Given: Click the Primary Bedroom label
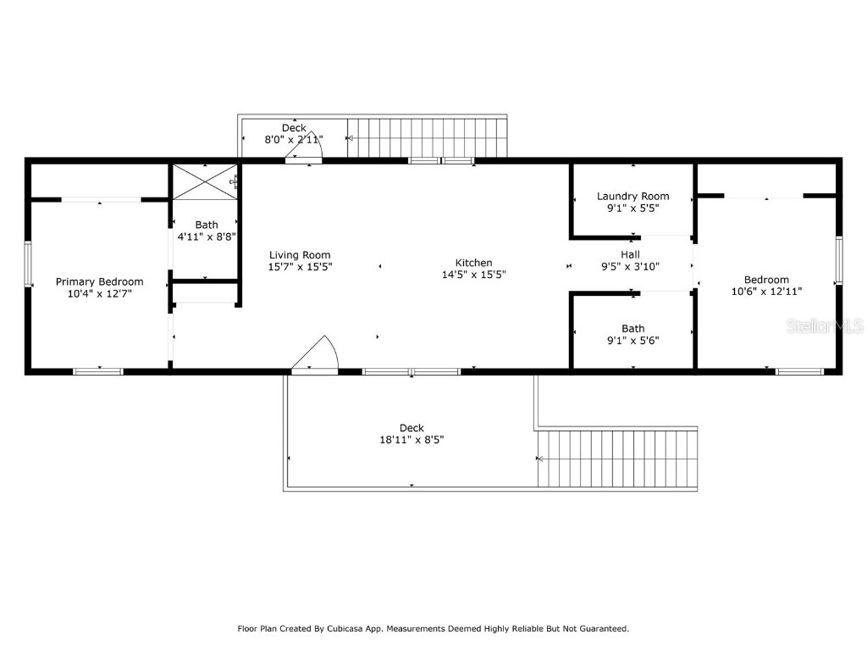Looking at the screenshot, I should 99,281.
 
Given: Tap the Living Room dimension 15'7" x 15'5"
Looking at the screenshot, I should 300,266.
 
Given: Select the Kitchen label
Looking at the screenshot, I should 473,263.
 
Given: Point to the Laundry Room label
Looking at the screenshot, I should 632,196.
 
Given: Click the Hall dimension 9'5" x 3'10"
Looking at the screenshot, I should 630,266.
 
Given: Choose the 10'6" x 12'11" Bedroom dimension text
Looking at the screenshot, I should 766,291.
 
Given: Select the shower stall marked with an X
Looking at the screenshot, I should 204,182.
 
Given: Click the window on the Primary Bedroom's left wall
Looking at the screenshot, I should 28,264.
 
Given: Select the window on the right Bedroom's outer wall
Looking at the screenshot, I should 839,259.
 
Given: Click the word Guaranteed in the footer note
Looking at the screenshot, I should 600,629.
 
